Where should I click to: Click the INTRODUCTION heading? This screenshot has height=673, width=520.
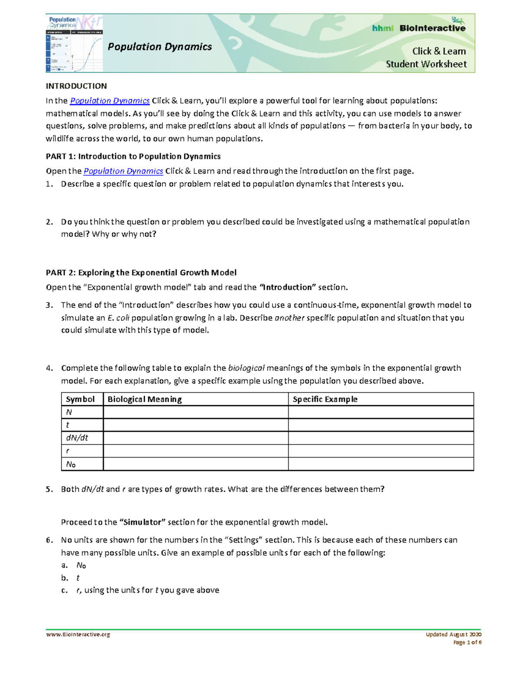(76, 86)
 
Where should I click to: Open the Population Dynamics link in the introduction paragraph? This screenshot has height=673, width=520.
(110, 101)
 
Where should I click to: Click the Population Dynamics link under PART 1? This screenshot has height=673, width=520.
(123, 171)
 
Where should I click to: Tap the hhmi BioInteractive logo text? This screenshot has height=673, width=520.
(419, 28)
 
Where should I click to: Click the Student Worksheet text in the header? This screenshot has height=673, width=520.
(426, 64)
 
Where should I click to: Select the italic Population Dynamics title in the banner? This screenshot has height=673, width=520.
(159, 47)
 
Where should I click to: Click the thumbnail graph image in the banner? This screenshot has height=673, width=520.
(74, 43)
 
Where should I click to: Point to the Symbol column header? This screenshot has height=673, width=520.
(80, 399)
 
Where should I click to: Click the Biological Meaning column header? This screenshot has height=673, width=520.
(144, 399)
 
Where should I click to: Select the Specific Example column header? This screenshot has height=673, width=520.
(325, 399)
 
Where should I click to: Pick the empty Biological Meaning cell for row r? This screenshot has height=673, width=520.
(195, 451)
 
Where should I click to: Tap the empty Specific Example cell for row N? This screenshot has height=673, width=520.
(380, 412)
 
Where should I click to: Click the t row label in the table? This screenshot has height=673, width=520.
(68, 425)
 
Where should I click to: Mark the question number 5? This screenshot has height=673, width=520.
(49, 489)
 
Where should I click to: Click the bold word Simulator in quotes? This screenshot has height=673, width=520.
(142, 522)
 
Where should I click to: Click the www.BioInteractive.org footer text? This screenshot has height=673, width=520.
(78, 634)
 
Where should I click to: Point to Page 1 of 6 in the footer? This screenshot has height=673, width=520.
(467, 642)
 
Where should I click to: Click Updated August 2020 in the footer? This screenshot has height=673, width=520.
(453, 634)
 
